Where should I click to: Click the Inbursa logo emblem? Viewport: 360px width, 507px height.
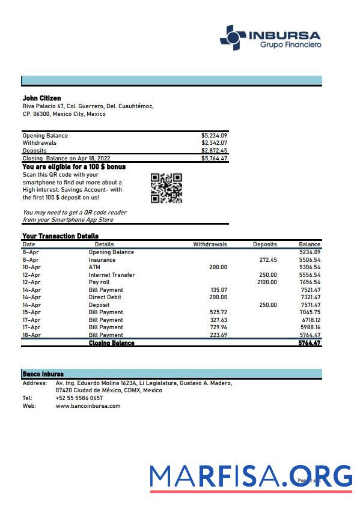[x=233, y=37]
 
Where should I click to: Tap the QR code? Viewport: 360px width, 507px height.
[x=166, y=189]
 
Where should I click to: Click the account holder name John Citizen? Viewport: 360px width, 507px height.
[x=41, y=98]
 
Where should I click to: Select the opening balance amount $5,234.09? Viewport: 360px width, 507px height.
[x=214, y=136]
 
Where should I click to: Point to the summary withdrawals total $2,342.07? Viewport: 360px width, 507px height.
[x=214, y=143]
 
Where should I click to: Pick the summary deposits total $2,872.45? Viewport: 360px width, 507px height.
[x=214, y=151]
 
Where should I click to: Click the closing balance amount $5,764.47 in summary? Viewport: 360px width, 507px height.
[x=214, y=159]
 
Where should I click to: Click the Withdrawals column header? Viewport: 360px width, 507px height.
[x=210, y=244]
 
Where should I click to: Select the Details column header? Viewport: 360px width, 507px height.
[x=104, y=244]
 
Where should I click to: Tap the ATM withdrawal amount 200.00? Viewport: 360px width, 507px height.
[x=218, y=267]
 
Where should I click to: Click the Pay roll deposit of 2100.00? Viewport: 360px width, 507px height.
[x=267, y=282]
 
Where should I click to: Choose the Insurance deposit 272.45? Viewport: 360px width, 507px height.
[x=268, y=260]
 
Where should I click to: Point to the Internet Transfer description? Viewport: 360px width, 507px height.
[x=112, y=275]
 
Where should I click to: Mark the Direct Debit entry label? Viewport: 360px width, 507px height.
[x=105, y=297]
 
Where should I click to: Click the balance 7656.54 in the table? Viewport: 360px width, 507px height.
[x=310, y=282]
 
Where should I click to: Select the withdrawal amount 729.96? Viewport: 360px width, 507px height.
[x=218, y=327]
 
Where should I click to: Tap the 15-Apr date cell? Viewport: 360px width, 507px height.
[x=31, y=312]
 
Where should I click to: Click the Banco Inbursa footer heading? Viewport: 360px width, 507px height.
[x=43, y=374]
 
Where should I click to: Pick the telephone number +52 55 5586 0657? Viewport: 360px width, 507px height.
[x=79, y=398]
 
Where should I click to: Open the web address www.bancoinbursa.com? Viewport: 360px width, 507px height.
[x=88, y=405]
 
